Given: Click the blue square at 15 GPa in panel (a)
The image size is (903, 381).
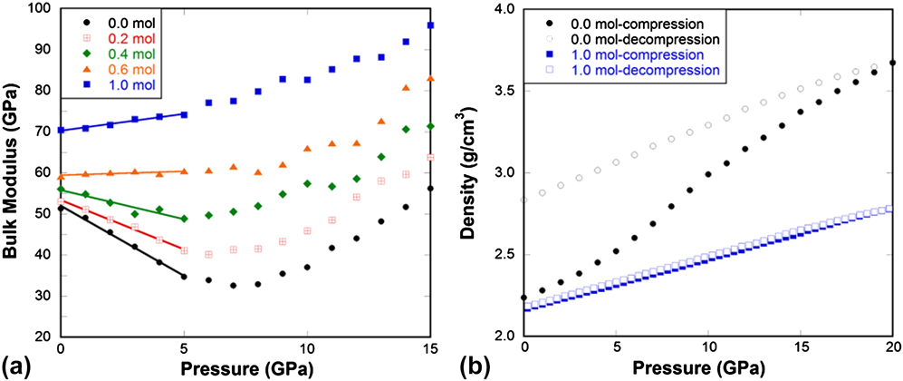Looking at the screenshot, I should (430, 25).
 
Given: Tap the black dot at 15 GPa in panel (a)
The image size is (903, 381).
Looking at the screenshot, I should (430, 189).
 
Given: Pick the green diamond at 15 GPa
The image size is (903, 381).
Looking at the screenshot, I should (430, 126).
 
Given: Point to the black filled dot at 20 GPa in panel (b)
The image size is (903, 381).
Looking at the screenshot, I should (893, 63).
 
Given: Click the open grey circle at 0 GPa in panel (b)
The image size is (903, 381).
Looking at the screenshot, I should (524, 200).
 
